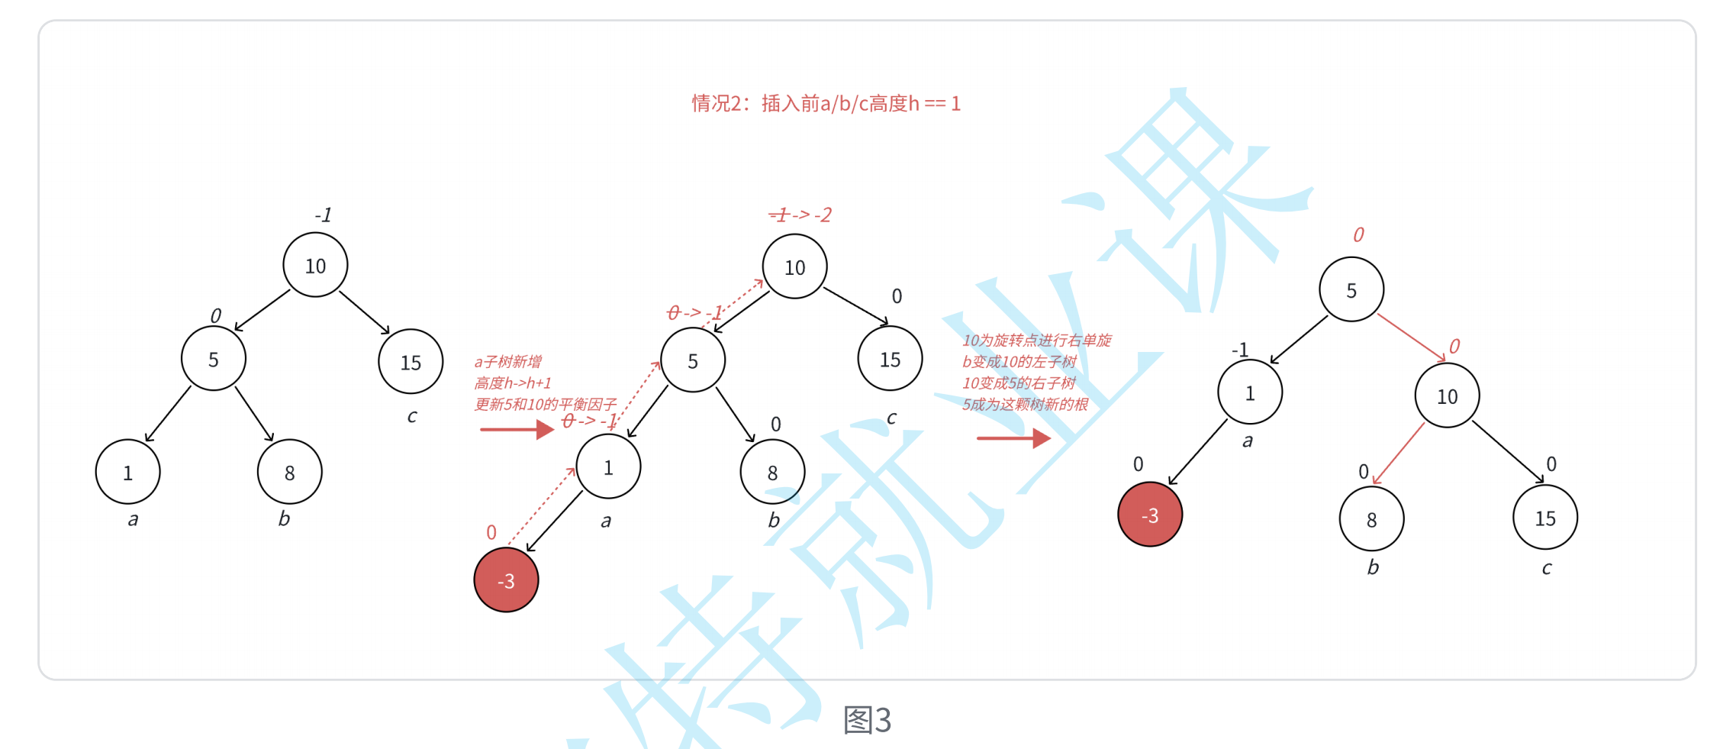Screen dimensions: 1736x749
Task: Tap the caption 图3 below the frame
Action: click(x=867, y=719)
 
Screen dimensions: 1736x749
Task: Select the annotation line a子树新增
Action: click(x=507, y=361)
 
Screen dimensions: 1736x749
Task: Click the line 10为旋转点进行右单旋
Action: click(x=1036, y=340)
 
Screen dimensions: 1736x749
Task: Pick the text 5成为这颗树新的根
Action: click(x=1024, y=404)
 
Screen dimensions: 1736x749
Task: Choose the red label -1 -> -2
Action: click(x=800, y=215)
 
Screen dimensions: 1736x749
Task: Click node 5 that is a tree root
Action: click(x=1351, y=290)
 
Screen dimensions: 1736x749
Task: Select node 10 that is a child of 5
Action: click(x=1447, y=396)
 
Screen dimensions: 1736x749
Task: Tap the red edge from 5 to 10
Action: click(x=1412, y=337)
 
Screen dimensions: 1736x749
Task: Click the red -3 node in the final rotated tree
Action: click(x=1149, y=515)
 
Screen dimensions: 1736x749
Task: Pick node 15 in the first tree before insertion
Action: click(x=411, y=362)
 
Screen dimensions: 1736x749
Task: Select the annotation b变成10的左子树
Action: click(x=1019, y=361)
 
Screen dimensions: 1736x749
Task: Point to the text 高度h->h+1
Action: click(x=512, y=383)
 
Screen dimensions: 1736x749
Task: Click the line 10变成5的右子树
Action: click(x=1018, y=383)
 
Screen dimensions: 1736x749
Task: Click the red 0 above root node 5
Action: click(x=1358, y=234)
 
